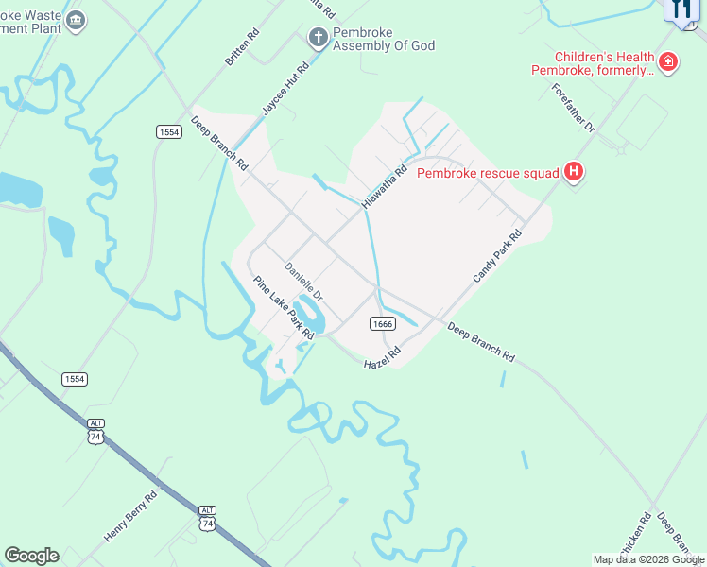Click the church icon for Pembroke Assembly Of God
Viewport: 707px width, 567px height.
click(x=319, y=37)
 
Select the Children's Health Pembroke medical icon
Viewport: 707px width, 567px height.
click(x=668, y=62)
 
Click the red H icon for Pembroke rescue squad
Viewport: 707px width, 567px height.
click(x=573, y=172)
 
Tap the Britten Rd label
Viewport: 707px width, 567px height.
click(x=241, y=45)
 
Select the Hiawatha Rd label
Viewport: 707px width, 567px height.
click(x=388, y=184)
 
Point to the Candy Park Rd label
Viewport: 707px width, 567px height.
click(x=498, y=256)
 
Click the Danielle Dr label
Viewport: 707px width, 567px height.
click(x=304, y=282)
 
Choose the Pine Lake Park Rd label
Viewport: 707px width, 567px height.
click(x=284, y=308)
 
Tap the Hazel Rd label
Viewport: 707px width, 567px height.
click(x=383, y=357)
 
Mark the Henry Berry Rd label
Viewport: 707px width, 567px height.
click(x=130, y=517)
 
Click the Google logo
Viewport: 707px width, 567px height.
click(x=31, y=556)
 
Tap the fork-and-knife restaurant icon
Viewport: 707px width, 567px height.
click(x=682, y=9)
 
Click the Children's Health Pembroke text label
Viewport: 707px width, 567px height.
click(x=591, y=63)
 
